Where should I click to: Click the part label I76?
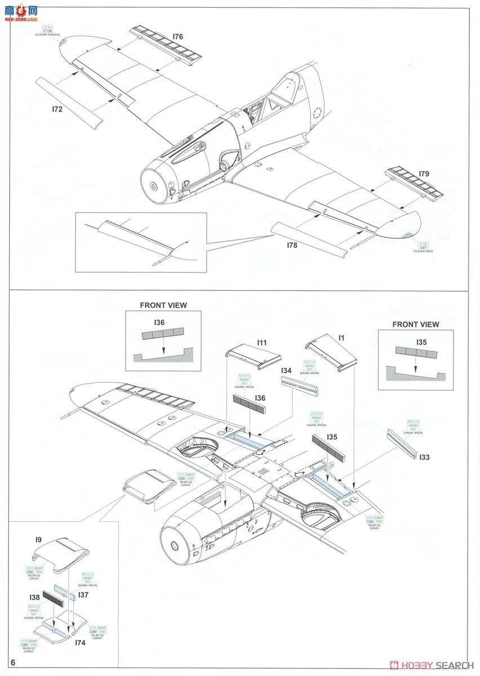pyautogui.click(x=177, y=37)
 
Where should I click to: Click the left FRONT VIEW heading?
pyautogui.click(x=163, y=305)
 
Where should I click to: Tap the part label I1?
pyautogui.click(x=342, y=338)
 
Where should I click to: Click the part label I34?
pyautogui.click(x=287, y=371)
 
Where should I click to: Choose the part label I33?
pyautogui.click(x=424, y=457)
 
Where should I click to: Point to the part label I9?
pyautogui.click(x=38, y=540)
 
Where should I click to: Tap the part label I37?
pyautogui.click(x=84, y=595)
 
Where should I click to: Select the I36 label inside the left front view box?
pyautogui.click(x=159, y=323)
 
